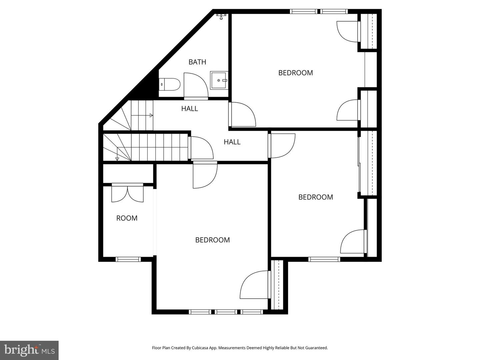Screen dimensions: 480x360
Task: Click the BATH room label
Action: tap(197, 62)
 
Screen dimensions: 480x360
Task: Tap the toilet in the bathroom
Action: tap(169, 84)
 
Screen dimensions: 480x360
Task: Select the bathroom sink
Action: tap(219, 80)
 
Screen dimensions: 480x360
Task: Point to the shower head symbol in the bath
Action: tap(221, 16)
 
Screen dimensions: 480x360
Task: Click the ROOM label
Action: tap(127, 218)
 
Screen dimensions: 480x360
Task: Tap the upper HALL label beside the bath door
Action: tap(190, 109)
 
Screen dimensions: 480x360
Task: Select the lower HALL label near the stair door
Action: tap(232, 142)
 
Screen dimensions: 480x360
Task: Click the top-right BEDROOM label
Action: tap(295, 73)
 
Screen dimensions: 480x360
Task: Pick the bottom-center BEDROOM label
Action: tap(212, 240)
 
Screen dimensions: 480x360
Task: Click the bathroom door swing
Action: tap(196, 86)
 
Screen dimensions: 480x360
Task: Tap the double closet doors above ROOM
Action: tap(127, 193)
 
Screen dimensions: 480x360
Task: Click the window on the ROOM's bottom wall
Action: tap(128, 259)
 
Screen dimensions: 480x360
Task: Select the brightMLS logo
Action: tap(29, 350)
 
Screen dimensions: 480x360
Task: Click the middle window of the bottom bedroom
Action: tap(226, 312)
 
